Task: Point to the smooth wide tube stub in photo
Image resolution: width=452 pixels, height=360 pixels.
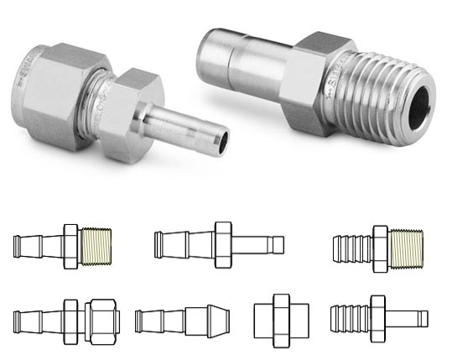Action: pos(231,60)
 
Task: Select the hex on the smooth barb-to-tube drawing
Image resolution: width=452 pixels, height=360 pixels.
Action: pos(223,245)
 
